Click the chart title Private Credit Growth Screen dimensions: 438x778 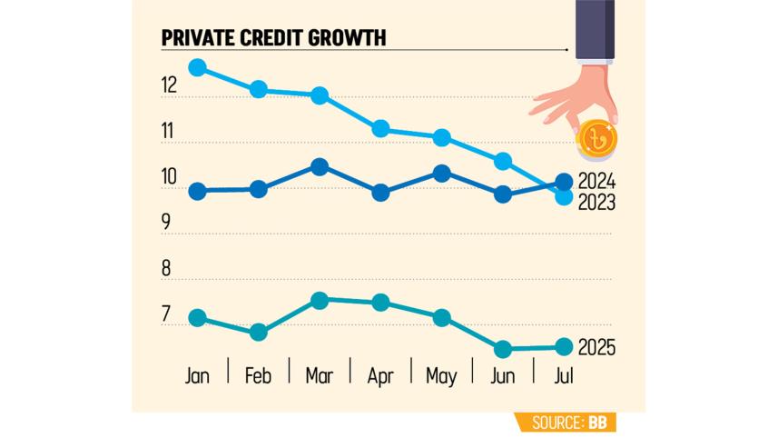pos(273,37)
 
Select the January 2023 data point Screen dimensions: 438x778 pos(197,67)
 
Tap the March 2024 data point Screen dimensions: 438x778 pos(320,166)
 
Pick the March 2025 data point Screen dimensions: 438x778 pos(320,300)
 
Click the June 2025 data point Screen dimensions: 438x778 pos(503,348)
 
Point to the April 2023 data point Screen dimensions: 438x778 pos(381,129)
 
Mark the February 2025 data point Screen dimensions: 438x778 pos(259,332)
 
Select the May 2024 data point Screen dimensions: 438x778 pos(442,173)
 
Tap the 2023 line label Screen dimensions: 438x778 pos(596,203)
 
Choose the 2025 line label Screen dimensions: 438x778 pos(596,347)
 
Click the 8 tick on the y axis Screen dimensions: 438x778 pos(167,269)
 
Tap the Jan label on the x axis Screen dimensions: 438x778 pos(197,375)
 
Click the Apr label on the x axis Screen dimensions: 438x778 pos(381,375)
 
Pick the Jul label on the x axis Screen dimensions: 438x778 pos(563,375)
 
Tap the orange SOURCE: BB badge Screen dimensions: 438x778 pos(566,423)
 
